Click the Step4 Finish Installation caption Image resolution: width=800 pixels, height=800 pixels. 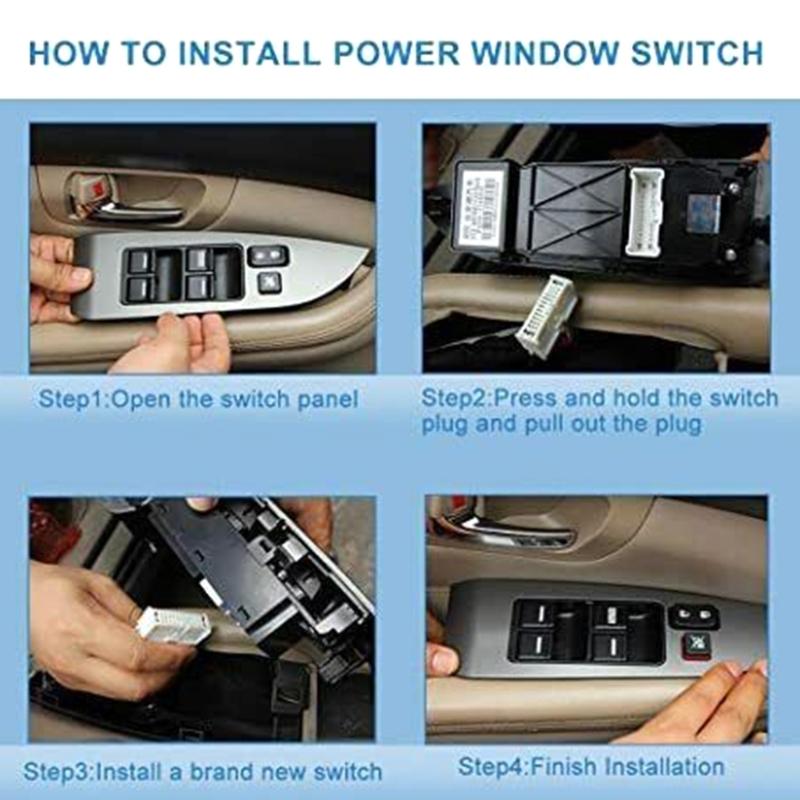click(591, 767)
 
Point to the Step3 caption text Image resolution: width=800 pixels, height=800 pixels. click(203, 771)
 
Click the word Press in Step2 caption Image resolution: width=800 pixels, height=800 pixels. click(524, 398)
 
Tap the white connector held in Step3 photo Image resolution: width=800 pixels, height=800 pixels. click(172, 625)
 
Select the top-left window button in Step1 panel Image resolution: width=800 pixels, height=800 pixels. click(139, 261)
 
